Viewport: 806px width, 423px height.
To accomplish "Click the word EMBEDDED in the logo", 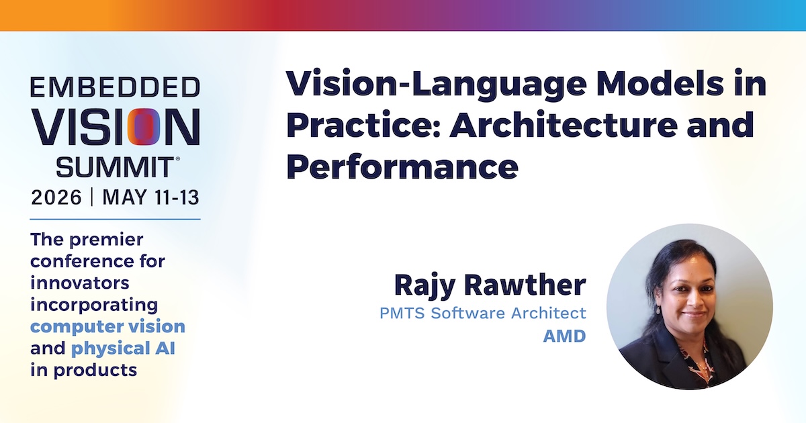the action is (115, 87).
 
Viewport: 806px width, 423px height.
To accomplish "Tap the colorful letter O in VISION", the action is (144, 127).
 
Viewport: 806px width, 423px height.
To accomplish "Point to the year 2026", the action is (56, 197).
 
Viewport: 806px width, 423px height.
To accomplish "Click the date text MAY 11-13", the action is (150, 197).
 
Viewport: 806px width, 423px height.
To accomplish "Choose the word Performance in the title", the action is (402, 167).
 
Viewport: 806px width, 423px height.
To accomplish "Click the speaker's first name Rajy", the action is (425, 286).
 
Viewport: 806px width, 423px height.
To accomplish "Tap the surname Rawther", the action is (525, 285).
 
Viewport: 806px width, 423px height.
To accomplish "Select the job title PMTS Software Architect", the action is (483, 313).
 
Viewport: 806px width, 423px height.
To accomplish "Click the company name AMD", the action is (565, 336).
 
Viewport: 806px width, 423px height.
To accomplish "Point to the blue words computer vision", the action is (107, 326).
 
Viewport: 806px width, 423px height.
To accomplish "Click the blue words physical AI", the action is (123, 349).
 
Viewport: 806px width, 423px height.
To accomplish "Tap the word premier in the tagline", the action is (107, 240).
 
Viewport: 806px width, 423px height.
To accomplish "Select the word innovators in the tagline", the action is (79, 283).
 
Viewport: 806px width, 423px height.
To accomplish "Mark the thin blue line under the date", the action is (115, 219).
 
